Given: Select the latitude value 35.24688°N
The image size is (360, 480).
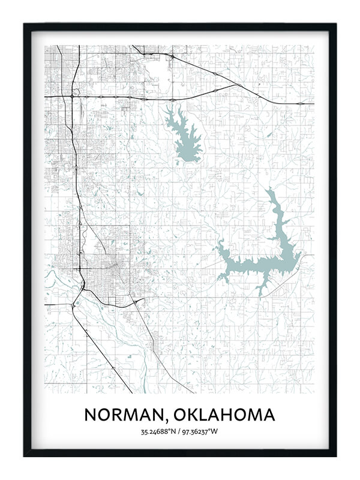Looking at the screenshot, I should pyautogui.click(x=158, y=431).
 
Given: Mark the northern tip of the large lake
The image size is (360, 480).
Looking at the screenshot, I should pyautogui.click(x=269, y=190).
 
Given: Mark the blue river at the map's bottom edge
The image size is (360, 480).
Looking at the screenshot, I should pyautogui.click(x=144, y=384).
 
